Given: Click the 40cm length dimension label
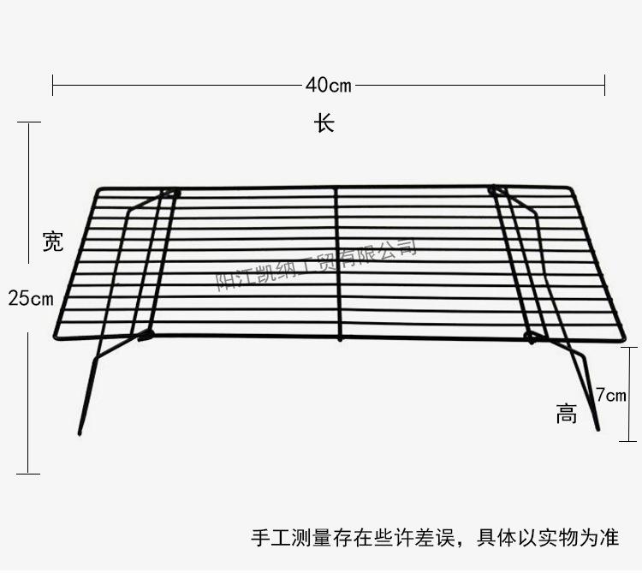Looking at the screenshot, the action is tap(329, 85).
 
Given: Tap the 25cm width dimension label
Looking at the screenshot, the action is tap(31, 299).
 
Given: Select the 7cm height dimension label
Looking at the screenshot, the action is tap(611, 395).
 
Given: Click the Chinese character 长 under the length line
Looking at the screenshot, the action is tap(324, 123).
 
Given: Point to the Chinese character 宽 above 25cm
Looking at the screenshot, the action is tap(53, 242).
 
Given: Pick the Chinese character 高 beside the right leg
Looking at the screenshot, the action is tap(566, 415).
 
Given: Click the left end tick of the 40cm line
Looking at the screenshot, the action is tap(52, 85).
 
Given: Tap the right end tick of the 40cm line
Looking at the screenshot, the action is tap(605, 85).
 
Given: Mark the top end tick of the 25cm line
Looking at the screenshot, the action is tap(28, 122).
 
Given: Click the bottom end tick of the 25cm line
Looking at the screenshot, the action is tap(28, 473).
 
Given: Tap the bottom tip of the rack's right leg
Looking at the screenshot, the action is tap(597, 428).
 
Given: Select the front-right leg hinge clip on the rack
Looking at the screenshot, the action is tap(532, 336).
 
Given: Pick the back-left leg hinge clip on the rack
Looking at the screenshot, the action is tap(171, 193).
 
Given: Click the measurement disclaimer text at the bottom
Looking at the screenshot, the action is tap(434, 538).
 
